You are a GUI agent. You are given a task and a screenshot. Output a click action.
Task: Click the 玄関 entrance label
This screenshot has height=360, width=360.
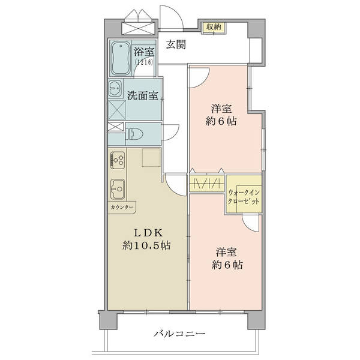176,44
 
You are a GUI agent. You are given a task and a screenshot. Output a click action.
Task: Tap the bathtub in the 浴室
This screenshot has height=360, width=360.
121,58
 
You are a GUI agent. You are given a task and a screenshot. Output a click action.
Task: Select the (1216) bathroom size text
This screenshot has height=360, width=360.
144,62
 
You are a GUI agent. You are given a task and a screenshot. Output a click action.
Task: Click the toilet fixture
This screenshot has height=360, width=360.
134,134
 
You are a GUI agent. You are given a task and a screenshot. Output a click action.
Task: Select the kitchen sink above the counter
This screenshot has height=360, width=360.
118,189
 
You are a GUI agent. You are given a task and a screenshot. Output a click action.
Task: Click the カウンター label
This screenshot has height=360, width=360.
122,208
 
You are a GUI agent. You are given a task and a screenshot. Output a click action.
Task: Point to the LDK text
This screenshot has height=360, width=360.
148,233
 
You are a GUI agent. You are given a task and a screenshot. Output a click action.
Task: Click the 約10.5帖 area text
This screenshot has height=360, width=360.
146,245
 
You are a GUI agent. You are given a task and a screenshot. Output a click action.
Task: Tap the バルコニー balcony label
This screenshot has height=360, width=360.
179,334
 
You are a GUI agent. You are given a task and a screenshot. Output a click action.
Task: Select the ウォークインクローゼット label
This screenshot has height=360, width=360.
244,197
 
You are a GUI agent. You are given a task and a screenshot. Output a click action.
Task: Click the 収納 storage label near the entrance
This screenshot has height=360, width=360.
213,27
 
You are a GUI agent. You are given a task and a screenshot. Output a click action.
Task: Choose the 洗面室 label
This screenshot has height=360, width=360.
143,95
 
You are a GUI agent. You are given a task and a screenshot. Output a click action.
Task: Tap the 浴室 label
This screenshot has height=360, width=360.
144,52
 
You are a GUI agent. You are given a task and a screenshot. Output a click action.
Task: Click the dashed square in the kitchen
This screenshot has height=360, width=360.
151,157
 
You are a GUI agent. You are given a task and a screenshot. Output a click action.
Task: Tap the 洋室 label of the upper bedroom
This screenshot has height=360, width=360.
221,109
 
